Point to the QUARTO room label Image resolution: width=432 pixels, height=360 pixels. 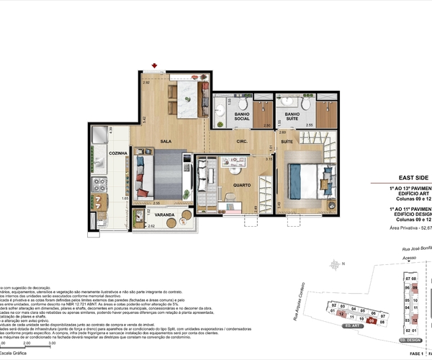tap(241, 185)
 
